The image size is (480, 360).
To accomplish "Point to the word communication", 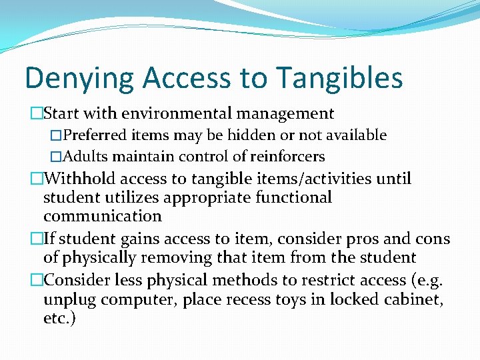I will pos(103,216).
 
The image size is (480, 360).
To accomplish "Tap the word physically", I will pos(97,257).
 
